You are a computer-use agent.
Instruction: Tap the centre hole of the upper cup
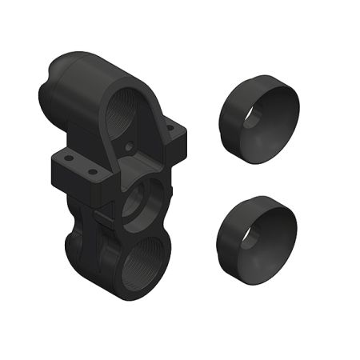pos(253,118)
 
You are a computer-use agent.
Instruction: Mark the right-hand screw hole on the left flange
pos(92,171)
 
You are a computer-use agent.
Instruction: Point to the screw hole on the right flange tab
pos(173,128)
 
